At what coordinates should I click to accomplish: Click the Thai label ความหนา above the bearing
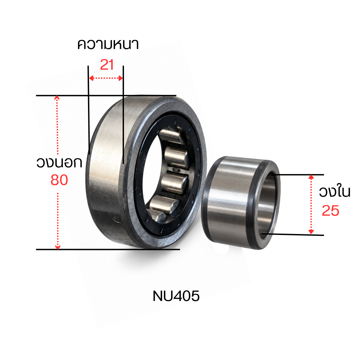108,44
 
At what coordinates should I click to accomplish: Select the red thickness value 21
107,65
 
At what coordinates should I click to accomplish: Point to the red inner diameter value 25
330,211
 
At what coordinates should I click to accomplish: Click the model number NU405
176,296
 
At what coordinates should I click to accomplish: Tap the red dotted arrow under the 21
106,78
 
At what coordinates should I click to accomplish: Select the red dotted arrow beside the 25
311,204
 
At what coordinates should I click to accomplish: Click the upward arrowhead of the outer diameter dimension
57,98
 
